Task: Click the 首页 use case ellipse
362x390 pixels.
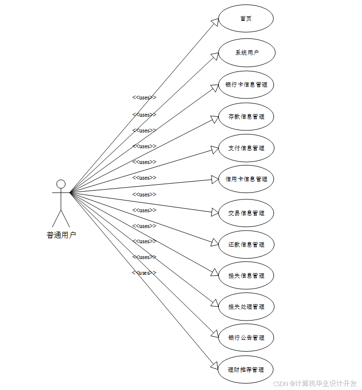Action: pyautogui.click(x=246, y=19)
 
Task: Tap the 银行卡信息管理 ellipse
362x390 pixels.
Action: pyautogui.click(x=246, y=85)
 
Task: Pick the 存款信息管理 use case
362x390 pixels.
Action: pyautogui.click(x=246, y=117)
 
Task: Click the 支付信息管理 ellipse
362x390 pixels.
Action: pyautogui.click(x=246, y=148)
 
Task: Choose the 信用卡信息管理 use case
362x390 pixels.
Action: pyautogui.click(x=246, y=179)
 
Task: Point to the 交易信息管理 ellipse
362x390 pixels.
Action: pyautogui.click(x=246, y=213)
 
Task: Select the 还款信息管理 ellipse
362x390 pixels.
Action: pyautogui.click(x=246, y=245)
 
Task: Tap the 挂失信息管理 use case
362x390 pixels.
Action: pyautogui.click(x=246, y=276)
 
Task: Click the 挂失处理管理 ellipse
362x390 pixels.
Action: pyautogui.click(x=246, y=307)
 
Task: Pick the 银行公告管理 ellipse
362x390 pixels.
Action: pyautogui.click(x=246, y=338)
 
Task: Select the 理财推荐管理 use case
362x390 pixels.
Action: pyautogui.click(x=246, y=369)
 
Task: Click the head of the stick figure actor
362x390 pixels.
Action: pyautogui.click(x=61, y=184)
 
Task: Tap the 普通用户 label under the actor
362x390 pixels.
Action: pyautogui.click(x=61, y=235)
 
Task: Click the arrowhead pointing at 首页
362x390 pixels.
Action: pyautogui.click(x=214, y=22)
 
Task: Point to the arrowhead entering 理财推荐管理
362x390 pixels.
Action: pyautogui.click(x=214, y=365)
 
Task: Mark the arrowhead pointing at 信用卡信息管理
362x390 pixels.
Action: pyautogui.click(x=215, y=180)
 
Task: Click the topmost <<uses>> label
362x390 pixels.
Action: pyautogui.click(x=144, y=97)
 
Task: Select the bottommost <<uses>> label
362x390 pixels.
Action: pyautogui.click(x=144, y=273)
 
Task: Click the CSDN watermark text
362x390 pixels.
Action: pyautogui.click(x=315, y=383)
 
